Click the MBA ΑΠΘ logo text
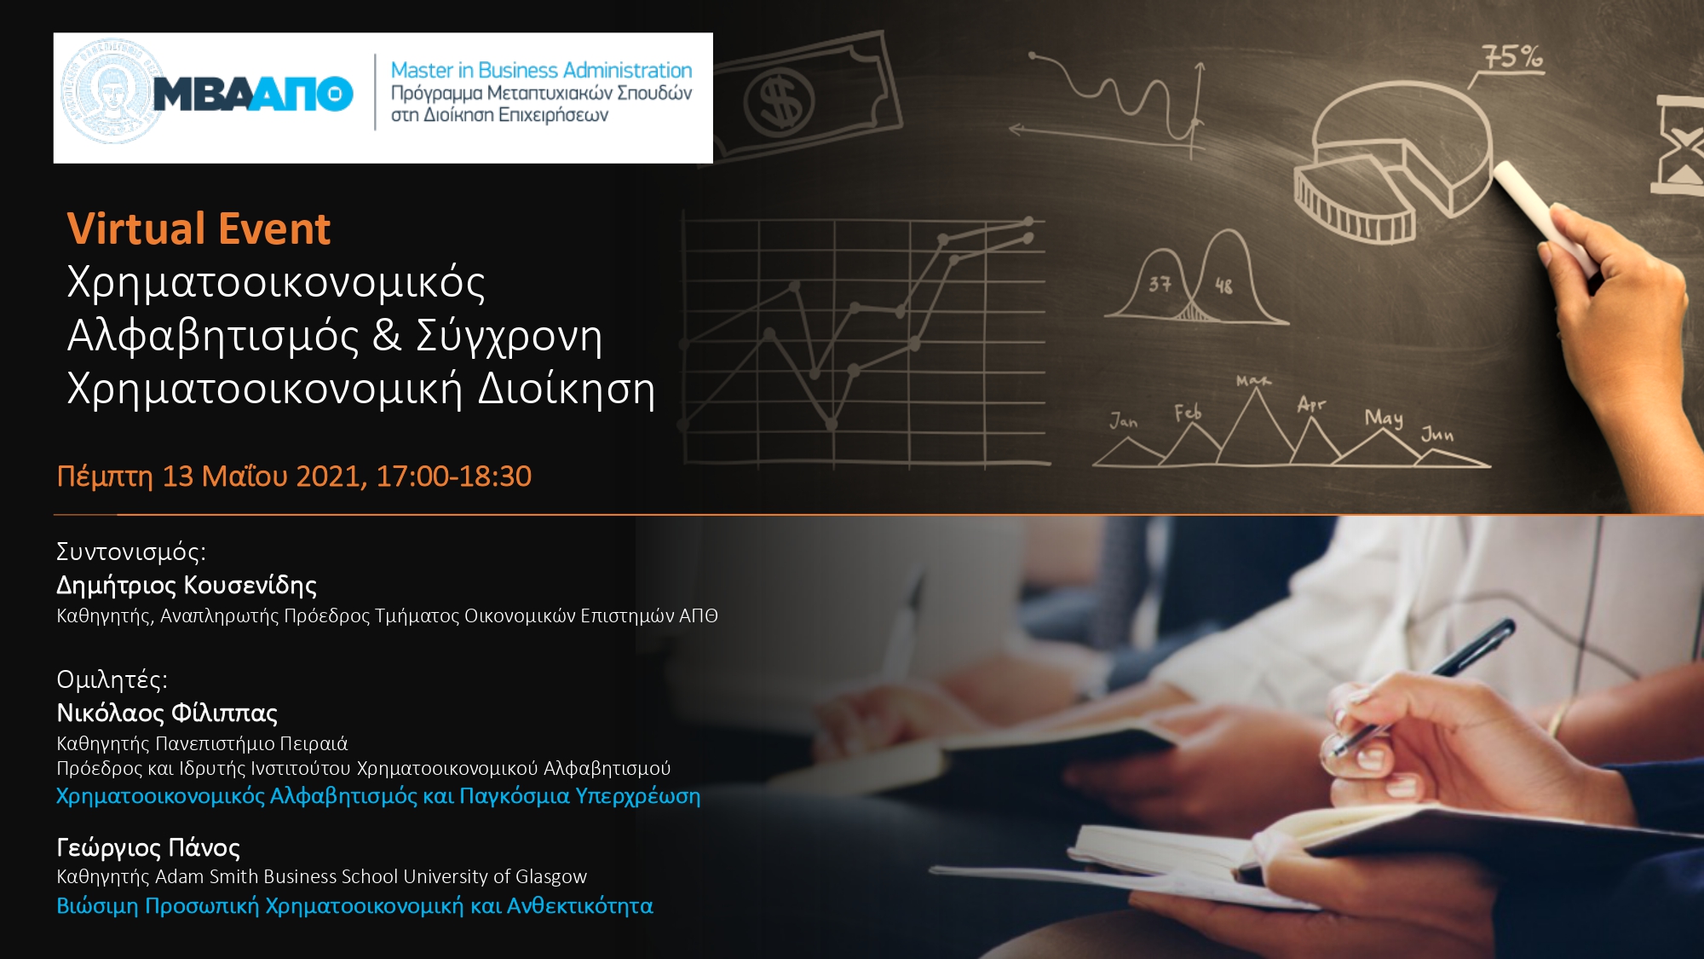(x=253, y=94)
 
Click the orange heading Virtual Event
(x=199, y=228)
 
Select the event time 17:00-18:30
(x=453, y=476)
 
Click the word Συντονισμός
(x=130, y=552)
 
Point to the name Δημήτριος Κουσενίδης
(x=187, y=586)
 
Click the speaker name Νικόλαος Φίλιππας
(x=167, y=713)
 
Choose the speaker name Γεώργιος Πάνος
(x=148, y=847)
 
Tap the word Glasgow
(x=551, y=876)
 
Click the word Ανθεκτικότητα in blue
(x=580, y=905)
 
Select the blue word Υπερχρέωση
(x=638, y=796)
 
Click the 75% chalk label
(x=1512, y=57)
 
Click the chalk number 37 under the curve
(x=1160, y=284)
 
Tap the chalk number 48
(x=1223, y=286)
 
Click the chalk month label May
(x=1384, y=418)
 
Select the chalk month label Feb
(x=1188, y=413)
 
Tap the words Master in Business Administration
(x=541, y=70)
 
